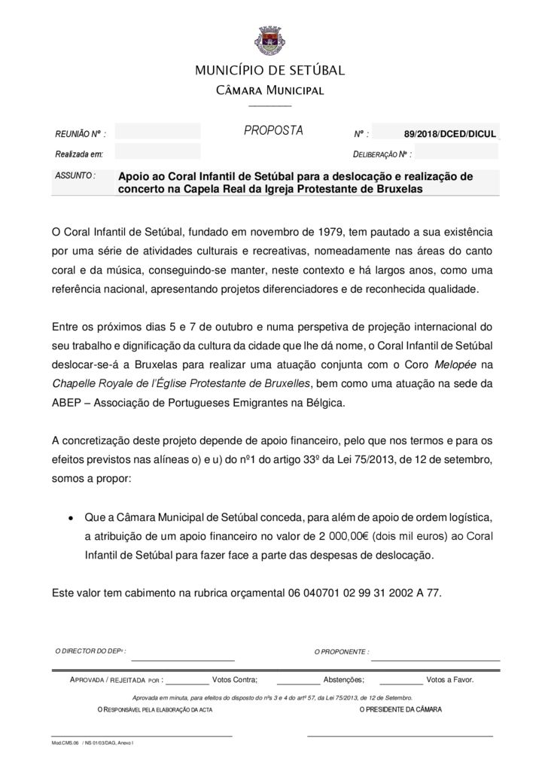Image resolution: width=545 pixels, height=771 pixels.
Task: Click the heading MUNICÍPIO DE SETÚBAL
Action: coord(270,71)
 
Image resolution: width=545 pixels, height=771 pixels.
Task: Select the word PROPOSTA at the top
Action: coord(273,131)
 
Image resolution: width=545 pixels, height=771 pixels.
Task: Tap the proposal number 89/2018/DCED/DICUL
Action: coord(449,134)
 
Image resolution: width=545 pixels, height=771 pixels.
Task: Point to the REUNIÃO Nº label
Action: coord(81,134)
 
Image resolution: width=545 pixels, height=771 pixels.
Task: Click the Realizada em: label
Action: coord(78,154)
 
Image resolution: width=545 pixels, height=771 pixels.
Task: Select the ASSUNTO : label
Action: coord(75,175)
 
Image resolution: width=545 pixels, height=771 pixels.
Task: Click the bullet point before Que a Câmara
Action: coord(70,519)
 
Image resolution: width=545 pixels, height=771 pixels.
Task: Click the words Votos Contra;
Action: coord(235,679)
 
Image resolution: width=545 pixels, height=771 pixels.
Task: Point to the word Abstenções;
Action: coord(344,679)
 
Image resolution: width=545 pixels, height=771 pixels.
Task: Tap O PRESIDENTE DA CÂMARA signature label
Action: coord(400,709)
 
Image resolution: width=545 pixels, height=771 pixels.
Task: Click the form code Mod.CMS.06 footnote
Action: coord(65,742)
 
